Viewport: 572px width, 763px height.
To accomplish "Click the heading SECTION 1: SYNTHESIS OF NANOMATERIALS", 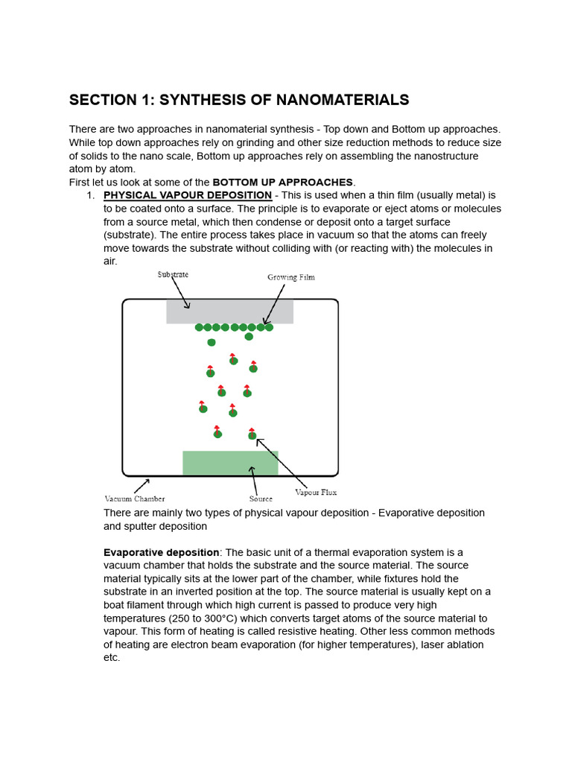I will coord(239,100).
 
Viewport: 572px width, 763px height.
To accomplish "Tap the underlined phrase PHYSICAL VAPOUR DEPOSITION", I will coord(188,195).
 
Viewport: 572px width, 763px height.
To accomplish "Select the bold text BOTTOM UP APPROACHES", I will coord(283,182).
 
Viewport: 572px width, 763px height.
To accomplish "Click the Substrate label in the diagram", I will coord(173,274).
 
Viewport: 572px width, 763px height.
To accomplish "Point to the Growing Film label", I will coord(291,277).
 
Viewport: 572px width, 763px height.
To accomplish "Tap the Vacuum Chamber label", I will coord(135,498).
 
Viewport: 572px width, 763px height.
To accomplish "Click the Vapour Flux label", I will coord(316,492).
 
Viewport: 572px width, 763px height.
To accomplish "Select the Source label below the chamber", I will coord(261,498).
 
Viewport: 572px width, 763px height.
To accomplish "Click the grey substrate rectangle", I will coord(229,311).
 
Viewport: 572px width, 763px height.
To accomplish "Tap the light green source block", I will coord(230,463).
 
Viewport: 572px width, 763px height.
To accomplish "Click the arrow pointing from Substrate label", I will coord(181,294).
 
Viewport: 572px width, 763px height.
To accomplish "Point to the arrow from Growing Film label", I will coord(275,304).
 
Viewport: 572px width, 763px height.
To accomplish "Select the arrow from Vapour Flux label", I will coord(281,462).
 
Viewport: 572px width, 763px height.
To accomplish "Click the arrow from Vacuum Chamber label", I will coord(142,486).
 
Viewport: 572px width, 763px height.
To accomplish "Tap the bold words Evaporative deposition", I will coord(161,552).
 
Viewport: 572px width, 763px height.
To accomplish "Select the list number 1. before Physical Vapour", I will coord(91,195).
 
